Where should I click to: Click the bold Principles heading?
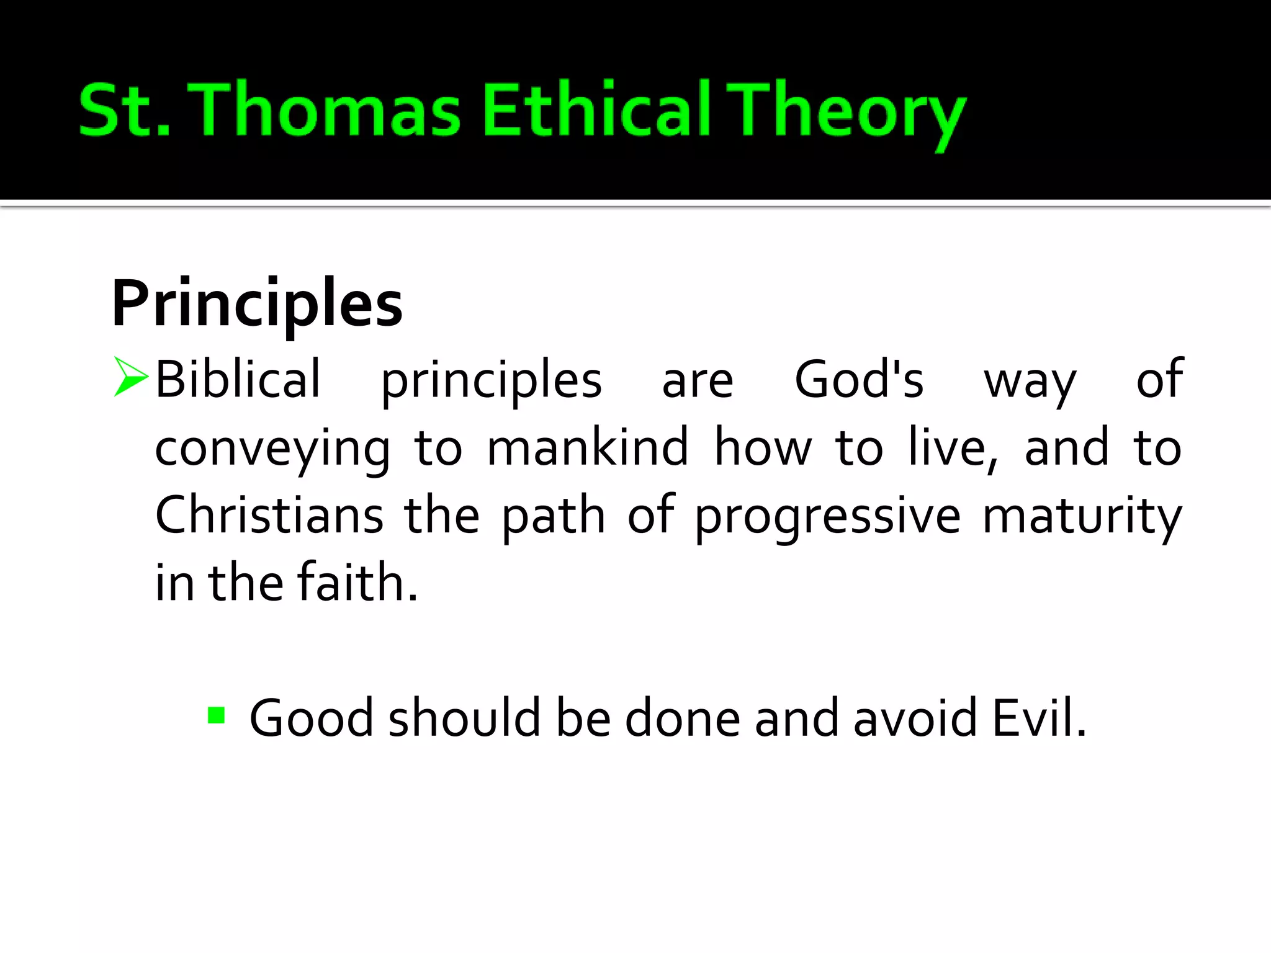[x=257, y=304]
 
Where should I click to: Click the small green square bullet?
[x=216, y=715]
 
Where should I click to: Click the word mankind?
[x=588, y=446]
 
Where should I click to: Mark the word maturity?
[x=1082, y=517]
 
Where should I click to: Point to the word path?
[x=553, y=517]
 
